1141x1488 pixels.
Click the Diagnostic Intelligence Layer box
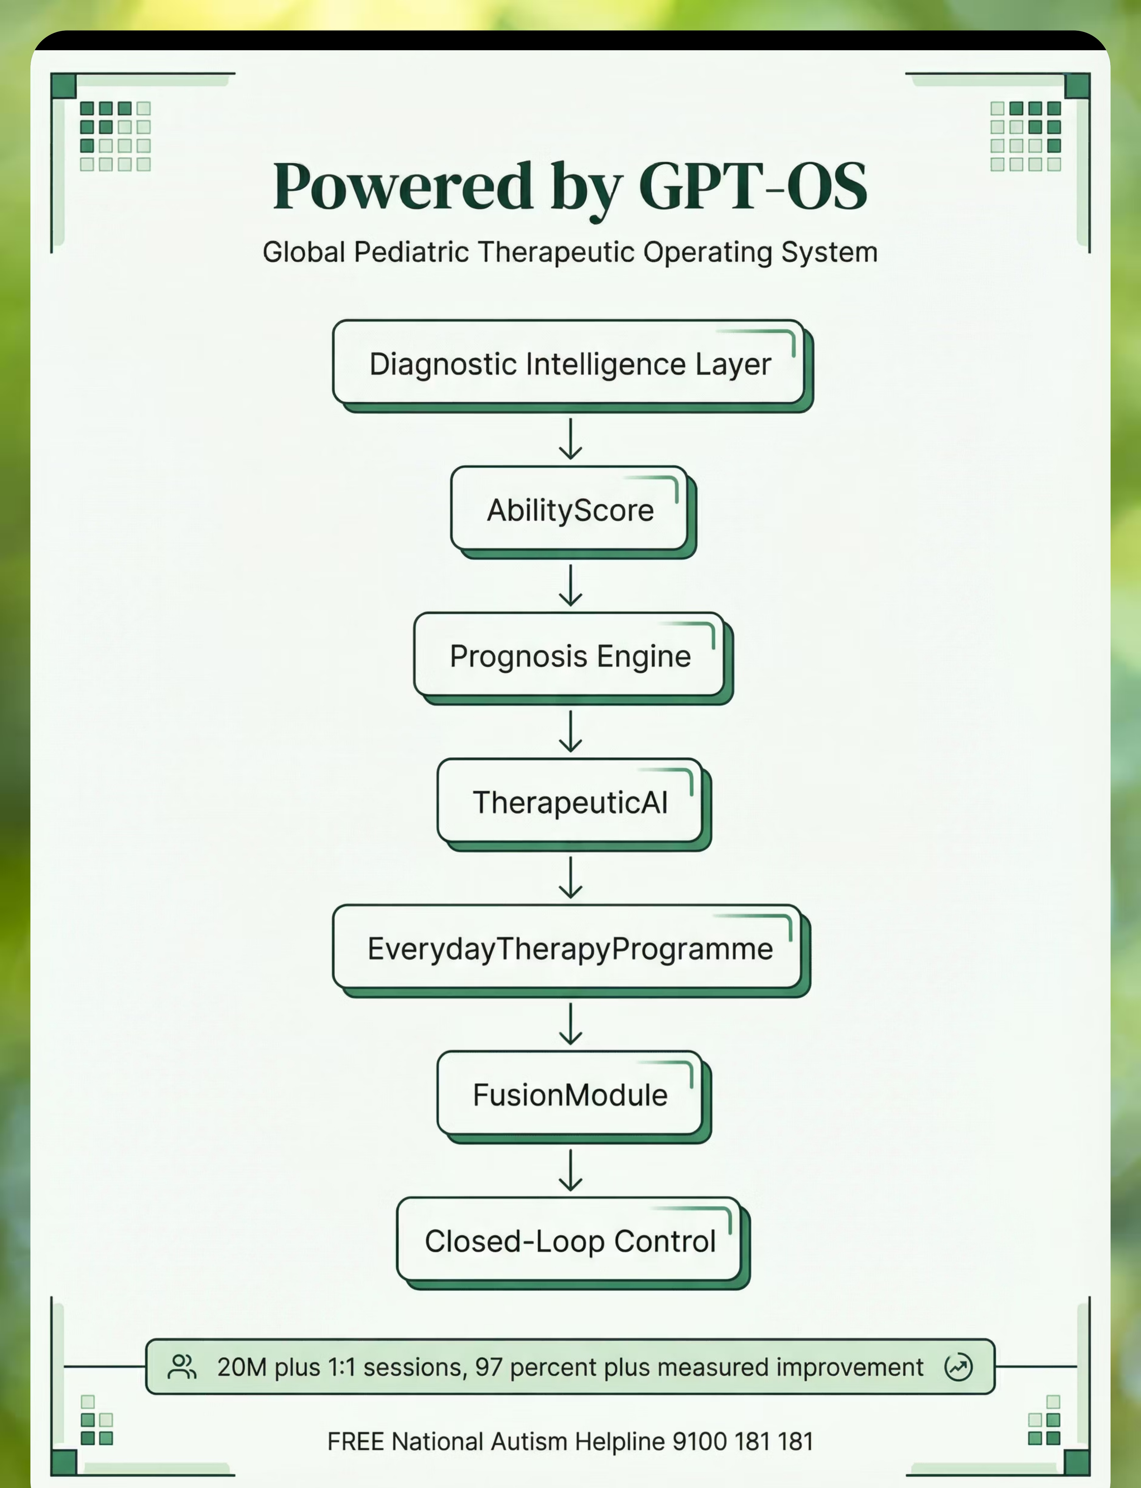573,366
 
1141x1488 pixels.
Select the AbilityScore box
573,512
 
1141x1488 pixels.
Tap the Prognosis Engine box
573,658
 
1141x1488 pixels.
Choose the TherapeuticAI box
574,804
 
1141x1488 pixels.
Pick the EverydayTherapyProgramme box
571,950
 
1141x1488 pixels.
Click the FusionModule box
574,1097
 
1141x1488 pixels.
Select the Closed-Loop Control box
573,1243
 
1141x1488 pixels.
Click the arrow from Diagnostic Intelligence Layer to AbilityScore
570,439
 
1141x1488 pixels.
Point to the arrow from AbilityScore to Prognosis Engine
570,585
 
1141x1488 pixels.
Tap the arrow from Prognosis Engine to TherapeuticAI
570,731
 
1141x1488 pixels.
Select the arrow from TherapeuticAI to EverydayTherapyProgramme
570,877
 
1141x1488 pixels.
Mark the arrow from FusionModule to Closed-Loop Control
570,1170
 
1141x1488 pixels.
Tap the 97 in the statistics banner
488,1367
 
